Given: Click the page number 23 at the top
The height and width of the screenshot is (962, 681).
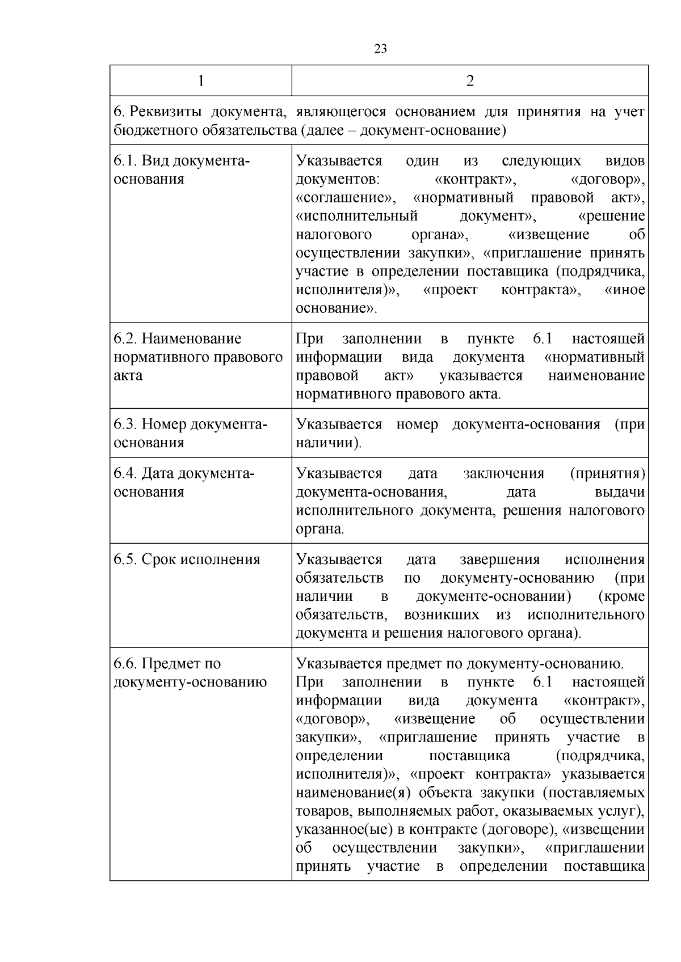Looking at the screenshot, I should [x=381, y=49].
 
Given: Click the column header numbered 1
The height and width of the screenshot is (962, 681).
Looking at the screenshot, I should [x=200, y=80].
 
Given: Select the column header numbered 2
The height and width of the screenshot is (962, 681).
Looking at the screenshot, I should [x=469, y=80].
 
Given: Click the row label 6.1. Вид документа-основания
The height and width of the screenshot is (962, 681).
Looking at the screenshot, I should [x=182, y=169].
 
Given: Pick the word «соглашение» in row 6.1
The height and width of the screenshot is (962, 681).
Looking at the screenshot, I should [x=344, y=198].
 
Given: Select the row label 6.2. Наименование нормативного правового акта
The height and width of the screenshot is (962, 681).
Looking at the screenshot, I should [x=198, y=357].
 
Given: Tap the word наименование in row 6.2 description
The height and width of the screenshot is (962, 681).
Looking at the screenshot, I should [x=596, y=375].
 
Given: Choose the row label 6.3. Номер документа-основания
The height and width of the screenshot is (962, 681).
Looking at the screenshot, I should [x=190, y=433].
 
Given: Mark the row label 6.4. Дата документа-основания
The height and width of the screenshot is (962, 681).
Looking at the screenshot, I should [x=184, y=482].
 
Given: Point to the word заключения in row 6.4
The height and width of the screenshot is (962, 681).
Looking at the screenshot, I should [x=503, y=473].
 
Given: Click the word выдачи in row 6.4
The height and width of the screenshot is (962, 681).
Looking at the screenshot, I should [x=620, y=491].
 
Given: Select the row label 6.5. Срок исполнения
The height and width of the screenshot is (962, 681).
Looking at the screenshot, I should [x=187, y=560].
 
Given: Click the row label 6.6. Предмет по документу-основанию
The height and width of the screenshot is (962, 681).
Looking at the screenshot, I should [x=190, y=672].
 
